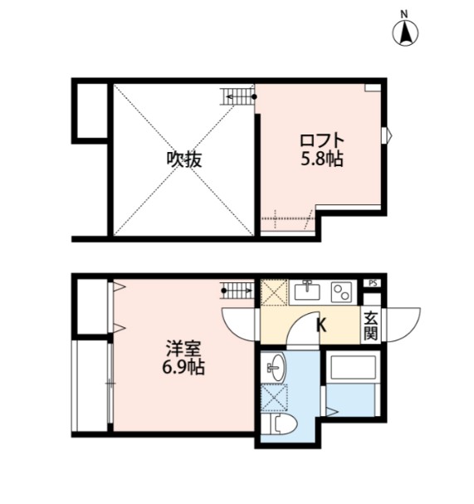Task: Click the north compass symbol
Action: coord(405,32)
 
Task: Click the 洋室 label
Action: coord(183,347)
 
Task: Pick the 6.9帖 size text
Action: coord(183,366)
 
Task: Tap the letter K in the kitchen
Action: coord(320,325)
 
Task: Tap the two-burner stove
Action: coord(342,291)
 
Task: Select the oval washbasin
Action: coord(275,365)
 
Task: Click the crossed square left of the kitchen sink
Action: coord(273,292)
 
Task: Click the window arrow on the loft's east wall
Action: coord(385,135)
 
